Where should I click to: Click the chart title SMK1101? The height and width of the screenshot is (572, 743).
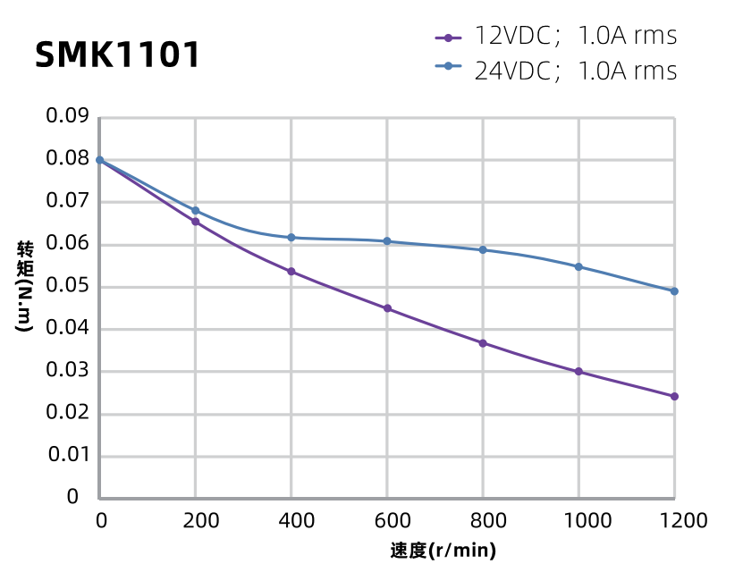117,55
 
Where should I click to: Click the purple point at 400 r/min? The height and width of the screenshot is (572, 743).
291,272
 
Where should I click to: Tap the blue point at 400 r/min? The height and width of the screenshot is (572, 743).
291,238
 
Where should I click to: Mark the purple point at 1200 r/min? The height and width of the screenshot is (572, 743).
674,396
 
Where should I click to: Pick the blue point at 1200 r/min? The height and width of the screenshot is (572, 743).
674,291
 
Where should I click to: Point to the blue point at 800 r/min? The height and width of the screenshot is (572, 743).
483,249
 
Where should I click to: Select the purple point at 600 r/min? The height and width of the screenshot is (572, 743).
387,308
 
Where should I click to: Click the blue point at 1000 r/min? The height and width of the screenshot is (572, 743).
578,266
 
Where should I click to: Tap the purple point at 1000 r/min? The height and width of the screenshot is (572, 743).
578,372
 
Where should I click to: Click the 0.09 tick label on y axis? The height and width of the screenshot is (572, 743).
67,117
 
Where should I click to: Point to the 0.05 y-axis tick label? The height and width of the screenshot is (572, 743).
67,286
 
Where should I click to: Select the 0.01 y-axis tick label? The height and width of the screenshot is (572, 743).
67,455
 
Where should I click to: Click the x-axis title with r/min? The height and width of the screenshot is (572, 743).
443,551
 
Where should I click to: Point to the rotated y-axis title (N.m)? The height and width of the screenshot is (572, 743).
24,286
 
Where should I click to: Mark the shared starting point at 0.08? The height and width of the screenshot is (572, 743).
100,160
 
